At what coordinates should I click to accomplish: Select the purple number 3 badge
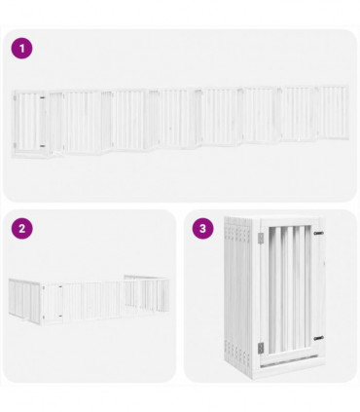pyautogui.click(x=202, y=229)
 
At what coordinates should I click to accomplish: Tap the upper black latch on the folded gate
pyautogui.click(x=317, y=234)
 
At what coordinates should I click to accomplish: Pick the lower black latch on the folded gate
pyautogui.click(x=317, y=348)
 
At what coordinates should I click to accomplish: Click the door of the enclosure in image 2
pyautogui.click(x=52, y=298)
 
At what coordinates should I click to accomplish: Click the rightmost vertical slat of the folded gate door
pyautogui.click(x=306, y=292)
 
